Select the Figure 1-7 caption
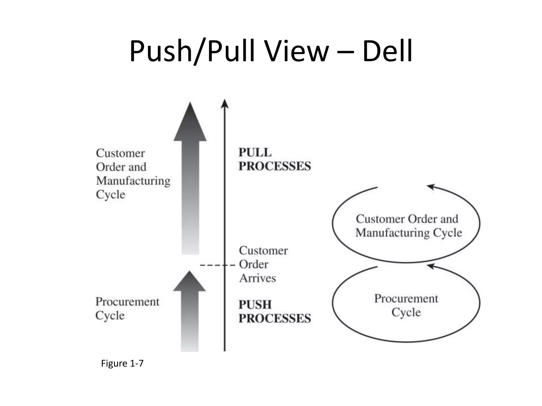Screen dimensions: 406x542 click(122, 363)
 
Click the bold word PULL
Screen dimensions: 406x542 click(255, 153)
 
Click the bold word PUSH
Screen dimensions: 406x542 click(255, 304)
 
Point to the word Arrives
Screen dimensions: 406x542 click(258, 278)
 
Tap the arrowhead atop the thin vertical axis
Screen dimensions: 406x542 click(224, 104)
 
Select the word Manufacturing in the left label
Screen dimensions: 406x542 click(133, 181)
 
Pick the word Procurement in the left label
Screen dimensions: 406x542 click(127, 302)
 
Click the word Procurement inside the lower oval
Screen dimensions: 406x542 click(406, 299)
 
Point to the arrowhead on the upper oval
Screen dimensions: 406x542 click(431, 187)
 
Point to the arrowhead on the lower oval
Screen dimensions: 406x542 click(431, 266)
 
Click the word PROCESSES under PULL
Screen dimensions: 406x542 click(274, 166)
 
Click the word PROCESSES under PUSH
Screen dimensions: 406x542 click(274, 318)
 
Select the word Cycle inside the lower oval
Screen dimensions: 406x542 click(406, 312)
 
